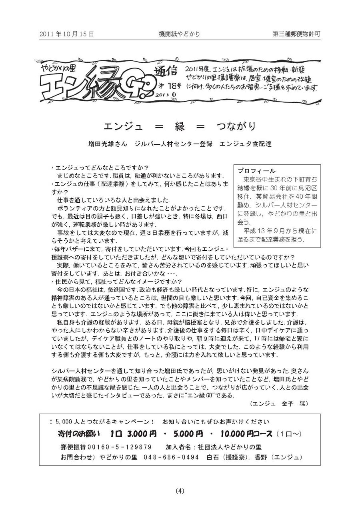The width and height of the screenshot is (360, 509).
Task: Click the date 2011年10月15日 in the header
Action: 67,34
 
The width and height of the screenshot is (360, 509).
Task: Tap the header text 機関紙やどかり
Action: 179,34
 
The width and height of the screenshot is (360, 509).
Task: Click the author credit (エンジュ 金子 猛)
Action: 278,403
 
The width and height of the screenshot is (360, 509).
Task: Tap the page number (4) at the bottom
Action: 180,491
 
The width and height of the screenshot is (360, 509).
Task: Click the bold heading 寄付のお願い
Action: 78,434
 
